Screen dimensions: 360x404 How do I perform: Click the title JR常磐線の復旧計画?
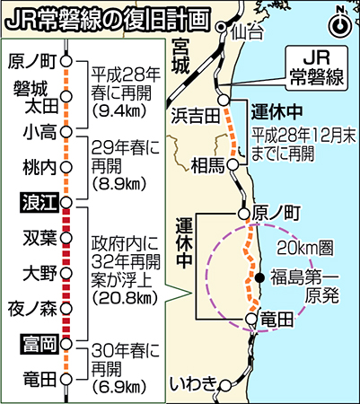click(108, 20)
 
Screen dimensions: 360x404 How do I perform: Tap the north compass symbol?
click(340, 26)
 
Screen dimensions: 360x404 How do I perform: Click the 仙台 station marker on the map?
click(221, 27)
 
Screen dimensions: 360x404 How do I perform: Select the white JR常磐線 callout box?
click(317, 68)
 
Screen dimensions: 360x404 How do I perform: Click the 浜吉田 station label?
click(196, 116)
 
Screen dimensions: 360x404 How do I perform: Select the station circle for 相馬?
click(233, 164)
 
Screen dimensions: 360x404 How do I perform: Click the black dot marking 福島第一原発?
click(260, 278)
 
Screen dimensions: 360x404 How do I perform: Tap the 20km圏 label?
click(304, 247)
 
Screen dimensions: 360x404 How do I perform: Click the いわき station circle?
click(225, 385)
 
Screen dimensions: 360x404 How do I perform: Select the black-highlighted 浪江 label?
click(39, 203)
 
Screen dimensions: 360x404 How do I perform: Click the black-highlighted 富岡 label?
click(39, 344)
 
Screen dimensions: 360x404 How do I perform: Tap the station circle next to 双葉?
click(66, 238)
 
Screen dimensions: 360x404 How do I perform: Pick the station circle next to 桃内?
click(66, 167)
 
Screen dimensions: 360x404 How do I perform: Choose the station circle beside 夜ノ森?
click(66, 308)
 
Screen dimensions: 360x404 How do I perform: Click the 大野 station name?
click(40, 274)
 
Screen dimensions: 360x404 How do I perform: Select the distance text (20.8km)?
click(125, 297)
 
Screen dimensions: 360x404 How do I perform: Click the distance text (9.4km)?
click(119, 110)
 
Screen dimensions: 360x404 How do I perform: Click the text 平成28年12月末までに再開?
click(303, 145)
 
